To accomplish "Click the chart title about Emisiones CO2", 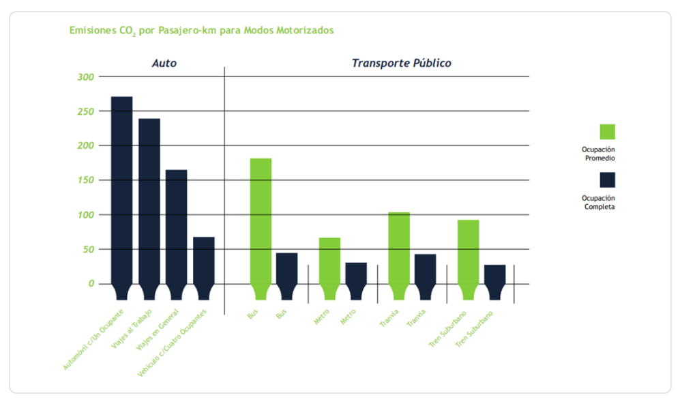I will click(201, 31).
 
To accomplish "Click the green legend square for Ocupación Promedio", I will click(607, 132).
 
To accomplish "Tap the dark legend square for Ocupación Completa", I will click(607, 180).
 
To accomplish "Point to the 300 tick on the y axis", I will click(86, 76).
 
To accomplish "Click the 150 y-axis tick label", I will click(86, 180).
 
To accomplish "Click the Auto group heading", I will click(164, 63).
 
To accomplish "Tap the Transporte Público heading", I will click(401, 63).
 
